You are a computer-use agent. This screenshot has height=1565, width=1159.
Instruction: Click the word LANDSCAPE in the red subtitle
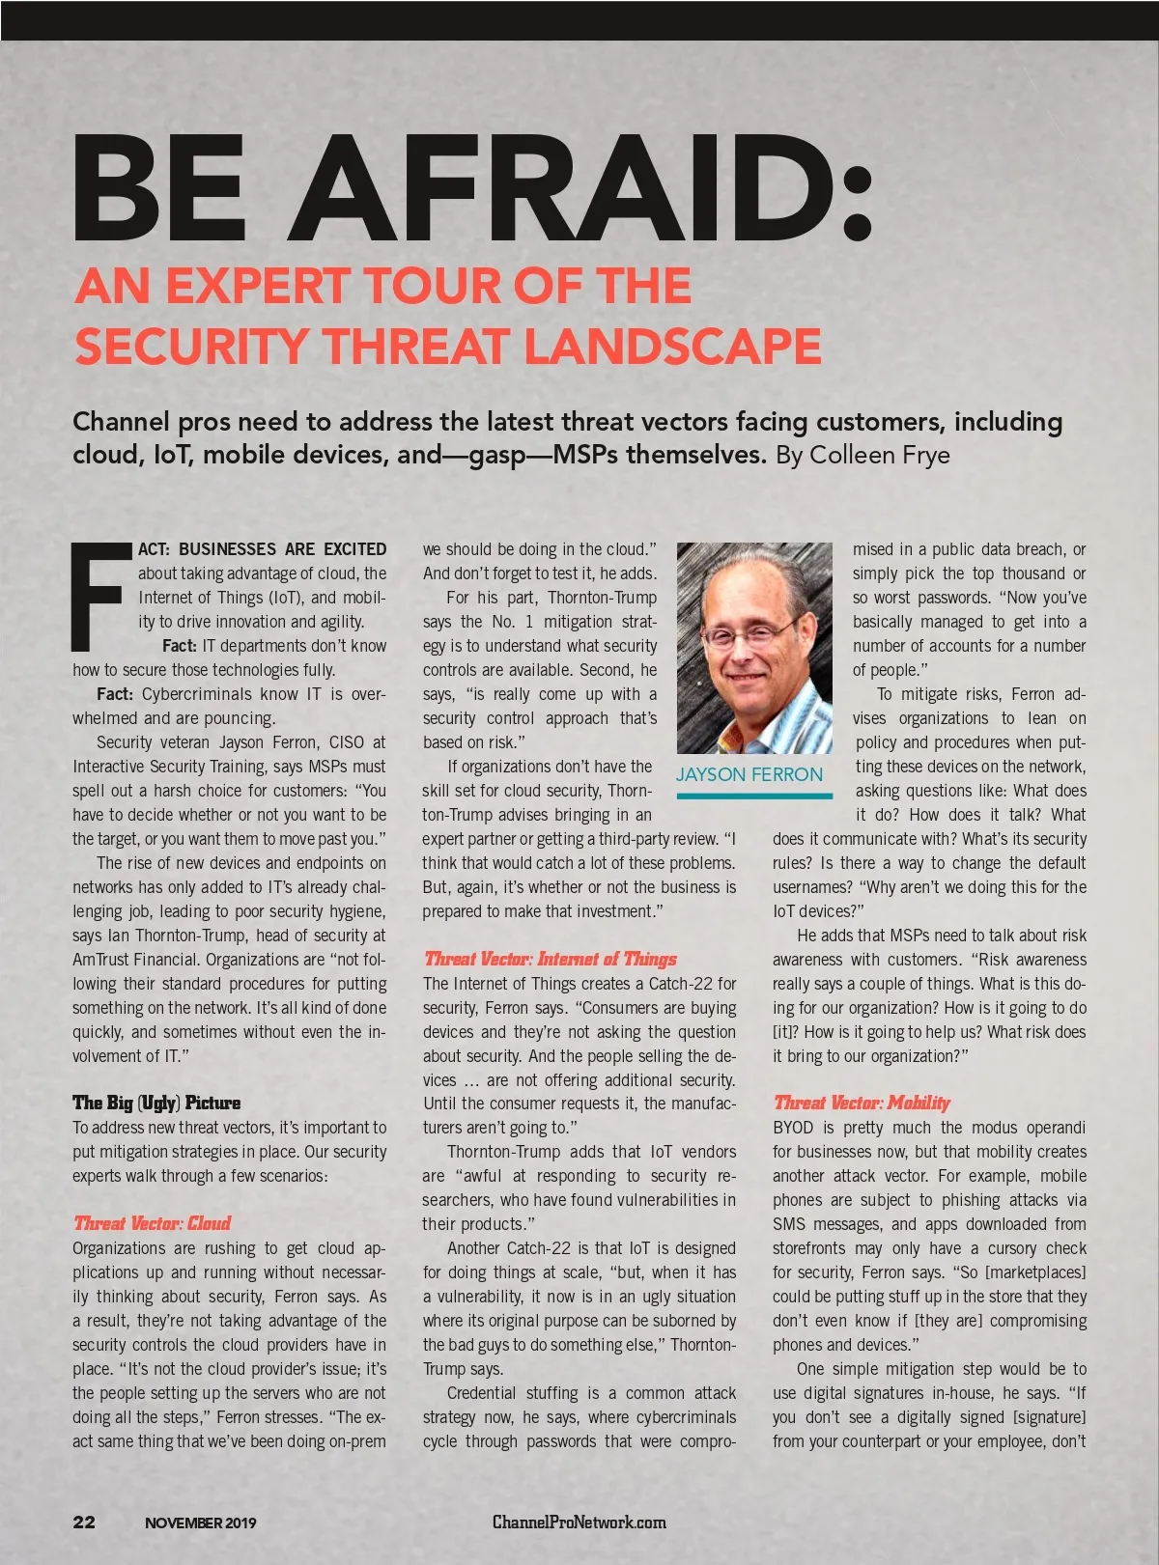[x=674, y=346]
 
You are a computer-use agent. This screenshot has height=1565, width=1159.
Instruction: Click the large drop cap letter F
[x=100, y=596]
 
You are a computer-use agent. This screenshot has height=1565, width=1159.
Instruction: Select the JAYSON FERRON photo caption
[x=749, y=774]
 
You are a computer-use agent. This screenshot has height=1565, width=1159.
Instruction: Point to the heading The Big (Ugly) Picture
[x=156, y=1103]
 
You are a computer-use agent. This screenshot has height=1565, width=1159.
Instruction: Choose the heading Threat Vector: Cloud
[x=153, y=1223]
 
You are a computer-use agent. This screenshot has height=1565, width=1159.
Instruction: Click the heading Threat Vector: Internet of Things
[x=551, y=959]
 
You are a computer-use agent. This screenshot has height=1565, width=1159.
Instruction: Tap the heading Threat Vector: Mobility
[x=862, y=1103]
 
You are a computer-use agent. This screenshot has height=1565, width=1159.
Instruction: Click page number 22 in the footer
[x=84, y=1523]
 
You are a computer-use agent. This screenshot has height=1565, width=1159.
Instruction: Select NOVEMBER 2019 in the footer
[x=201, y=1523]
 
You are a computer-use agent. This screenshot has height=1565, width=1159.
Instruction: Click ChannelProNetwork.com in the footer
[x=579, y=1523]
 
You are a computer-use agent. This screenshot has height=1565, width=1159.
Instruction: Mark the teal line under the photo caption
[x=754, y=796]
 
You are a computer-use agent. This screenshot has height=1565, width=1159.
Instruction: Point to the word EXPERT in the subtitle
[x=256, y=286]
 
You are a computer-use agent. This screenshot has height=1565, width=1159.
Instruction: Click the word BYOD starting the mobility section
[x=793, y=1128]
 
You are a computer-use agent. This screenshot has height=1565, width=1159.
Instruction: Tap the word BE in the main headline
[x=158, y=187]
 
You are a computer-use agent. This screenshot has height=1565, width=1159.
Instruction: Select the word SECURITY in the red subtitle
[x=193, y=346]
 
